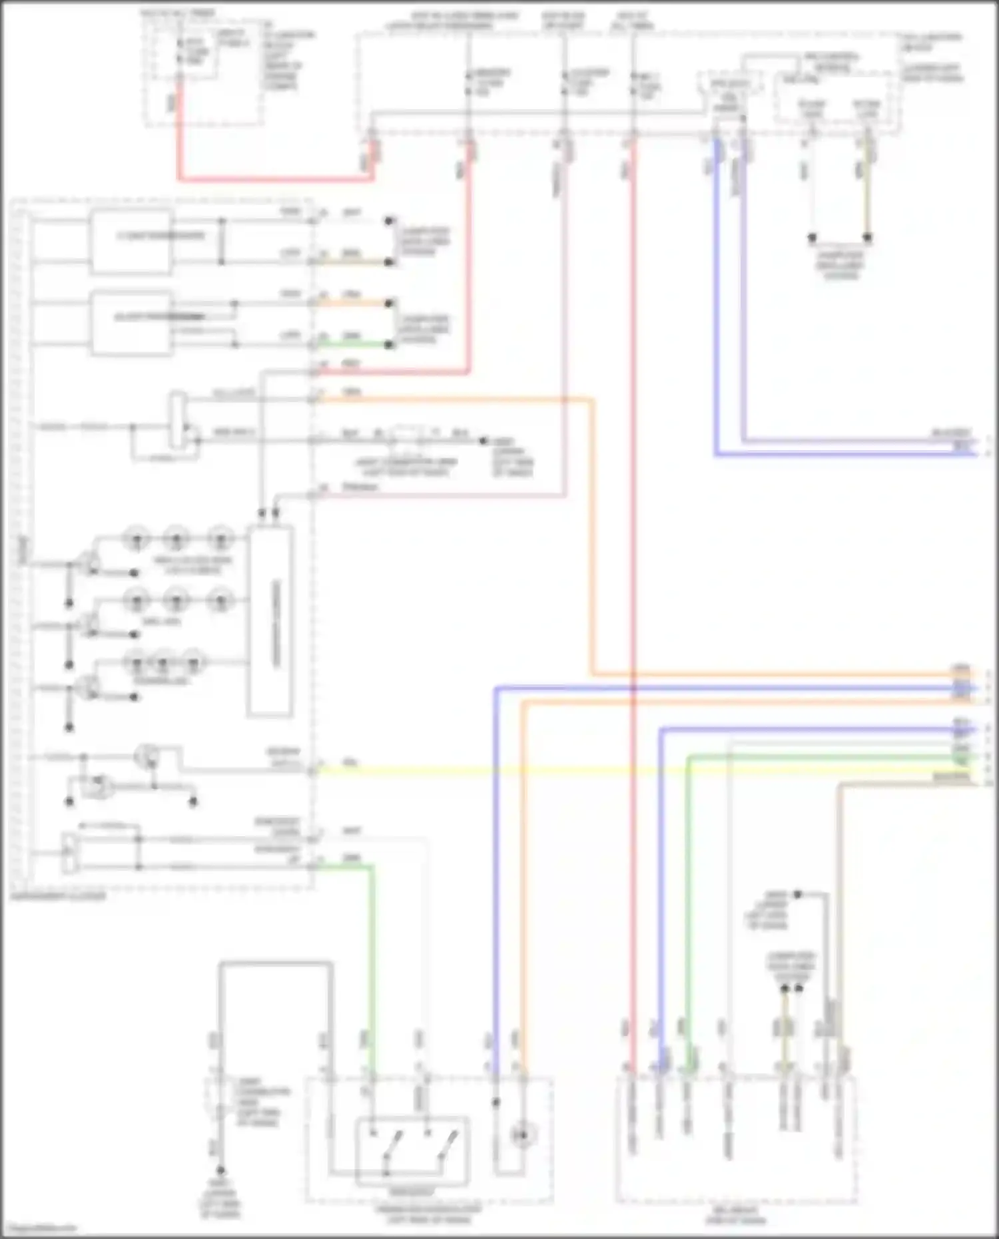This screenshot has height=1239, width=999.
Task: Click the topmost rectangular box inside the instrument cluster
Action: coord(131,241)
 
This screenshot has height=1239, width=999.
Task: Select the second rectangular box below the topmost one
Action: coord(131,322)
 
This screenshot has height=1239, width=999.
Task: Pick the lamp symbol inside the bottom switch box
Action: coord(523,1134)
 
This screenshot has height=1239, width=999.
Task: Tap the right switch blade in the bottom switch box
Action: coord(446,1145)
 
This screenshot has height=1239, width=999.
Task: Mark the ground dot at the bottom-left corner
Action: coord(220,1170)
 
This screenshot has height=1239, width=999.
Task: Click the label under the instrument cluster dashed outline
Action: coord(58,896)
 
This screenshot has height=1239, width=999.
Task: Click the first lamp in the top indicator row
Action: coord(137,538)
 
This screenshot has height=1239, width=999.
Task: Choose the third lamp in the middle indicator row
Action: coord(220,600)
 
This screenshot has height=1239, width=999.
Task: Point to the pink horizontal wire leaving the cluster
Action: coord(433,495)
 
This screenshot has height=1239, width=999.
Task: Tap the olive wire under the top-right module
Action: coord(867,193)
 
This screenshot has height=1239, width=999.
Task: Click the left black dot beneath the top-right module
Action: coord(812,237)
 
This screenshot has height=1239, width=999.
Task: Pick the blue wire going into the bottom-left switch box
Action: coord(496,866)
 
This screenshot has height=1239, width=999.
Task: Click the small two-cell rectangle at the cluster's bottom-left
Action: coord(69,853)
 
